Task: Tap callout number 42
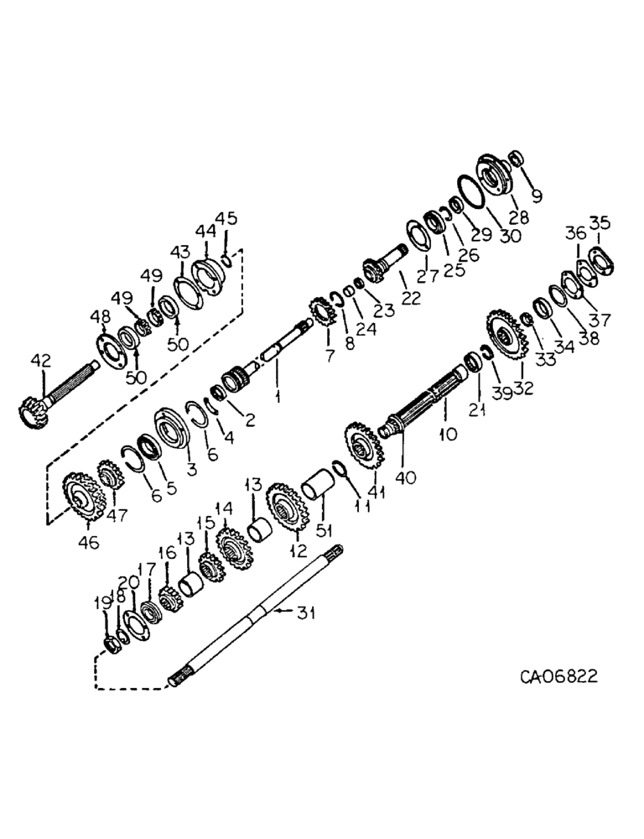(40, 361)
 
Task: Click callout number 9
(535, 196)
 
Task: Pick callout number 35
(599, 223)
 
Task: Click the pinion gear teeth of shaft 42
(31, 412)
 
